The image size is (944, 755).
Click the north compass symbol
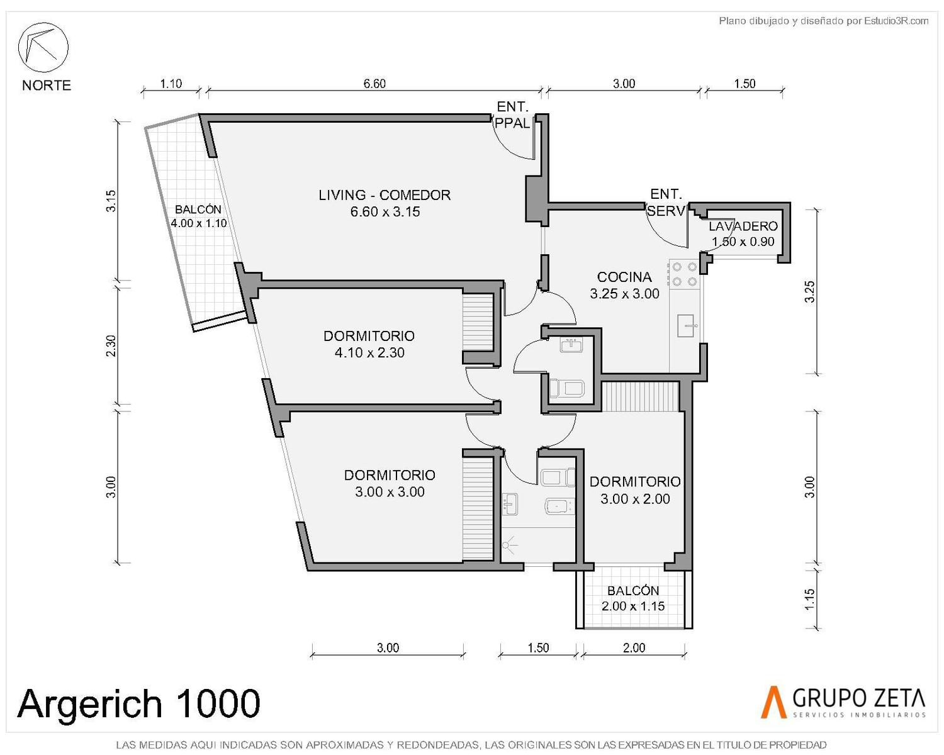point(43,47)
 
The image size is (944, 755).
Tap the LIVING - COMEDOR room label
point(385,203)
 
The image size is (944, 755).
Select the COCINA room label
point(624,285)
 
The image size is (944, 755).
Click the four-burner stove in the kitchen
point(684,274)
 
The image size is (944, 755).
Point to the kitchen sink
point(686,326)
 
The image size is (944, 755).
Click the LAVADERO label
point(743,234)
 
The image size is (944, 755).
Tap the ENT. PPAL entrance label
point(512,115)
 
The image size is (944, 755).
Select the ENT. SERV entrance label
point(666,202)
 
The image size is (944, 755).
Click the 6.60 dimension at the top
point(374,83)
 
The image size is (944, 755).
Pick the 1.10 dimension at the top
point(171,83)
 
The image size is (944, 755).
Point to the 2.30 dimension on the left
point(111,345)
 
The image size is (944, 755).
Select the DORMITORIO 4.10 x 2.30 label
point(369,344)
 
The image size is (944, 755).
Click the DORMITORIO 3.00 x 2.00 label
point(635,490)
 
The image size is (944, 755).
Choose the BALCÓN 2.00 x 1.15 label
point(633,598)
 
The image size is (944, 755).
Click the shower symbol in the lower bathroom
point(509,545)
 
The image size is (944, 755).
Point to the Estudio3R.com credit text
point(823,21)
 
